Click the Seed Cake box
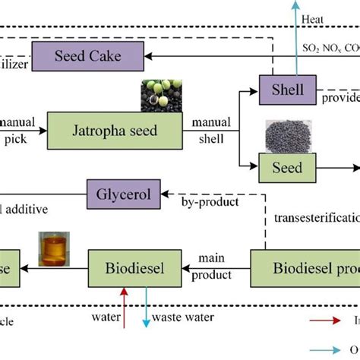pos(87,54)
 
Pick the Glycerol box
pos(124,194)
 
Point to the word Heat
pos(312,19)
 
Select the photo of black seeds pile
pos(284,136)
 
